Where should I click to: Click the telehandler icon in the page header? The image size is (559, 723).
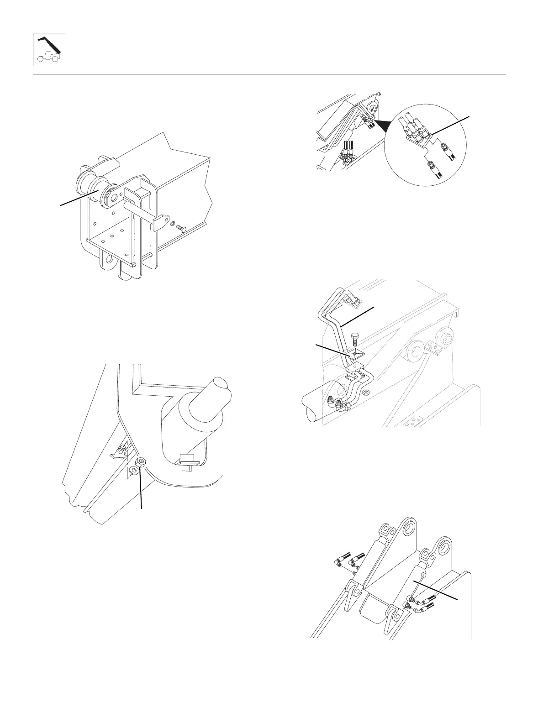(x=49, y=49)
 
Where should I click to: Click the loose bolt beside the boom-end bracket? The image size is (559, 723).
(x=181, y=227)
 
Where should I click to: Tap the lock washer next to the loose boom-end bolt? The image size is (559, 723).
(x=173, y=224)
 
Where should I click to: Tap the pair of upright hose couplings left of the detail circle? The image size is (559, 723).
(x=348, y=151)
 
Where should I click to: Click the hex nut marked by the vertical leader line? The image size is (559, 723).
(x=141, y=462)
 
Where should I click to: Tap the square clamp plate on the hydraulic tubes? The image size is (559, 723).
(x=355, y=354)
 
